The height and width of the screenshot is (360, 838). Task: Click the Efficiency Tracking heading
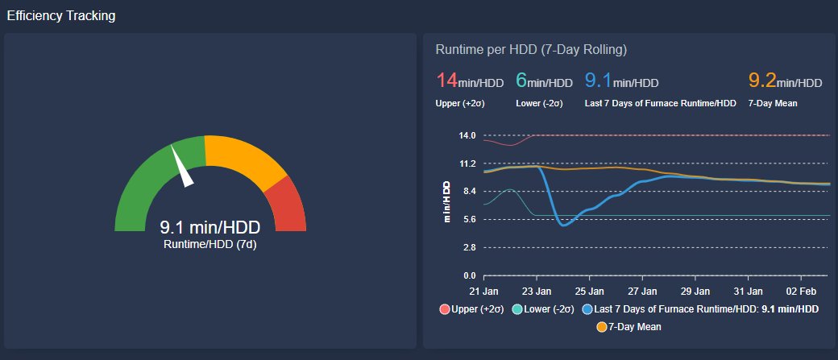(61, 16)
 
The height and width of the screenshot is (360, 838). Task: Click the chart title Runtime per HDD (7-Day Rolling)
(531, 49)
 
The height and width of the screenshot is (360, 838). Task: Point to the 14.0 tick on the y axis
(467, 135)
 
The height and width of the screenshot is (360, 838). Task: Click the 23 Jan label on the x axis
(537, 291)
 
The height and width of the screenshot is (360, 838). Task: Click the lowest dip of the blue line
(564, 225)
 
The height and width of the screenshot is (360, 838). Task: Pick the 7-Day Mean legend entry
(628, 327)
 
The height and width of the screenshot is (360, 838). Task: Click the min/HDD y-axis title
(446, 201)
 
